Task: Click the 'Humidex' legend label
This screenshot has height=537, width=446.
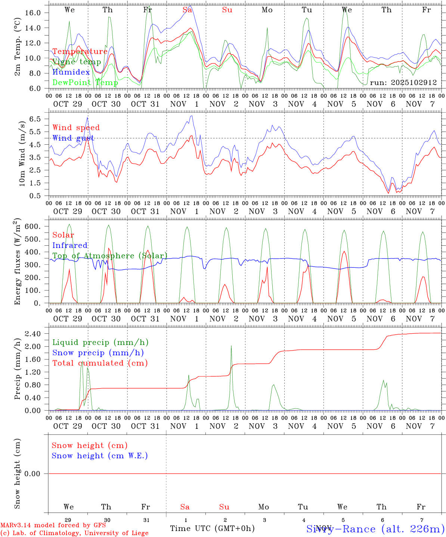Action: (x=71, y=72)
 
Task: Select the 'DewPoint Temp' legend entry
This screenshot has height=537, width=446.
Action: (x=85, y=82)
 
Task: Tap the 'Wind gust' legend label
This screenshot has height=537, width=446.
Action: (x=73, y=138)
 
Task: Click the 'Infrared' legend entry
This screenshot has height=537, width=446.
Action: (x=70, y=245)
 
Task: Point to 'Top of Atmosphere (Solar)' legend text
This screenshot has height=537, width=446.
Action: (x=110, y=256)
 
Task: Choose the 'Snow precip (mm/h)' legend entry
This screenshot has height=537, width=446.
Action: (x=98, y=353)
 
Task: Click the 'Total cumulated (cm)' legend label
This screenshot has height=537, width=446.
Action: (x=100, y=363)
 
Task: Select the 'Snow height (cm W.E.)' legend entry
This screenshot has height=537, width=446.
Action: (x=99, y=456)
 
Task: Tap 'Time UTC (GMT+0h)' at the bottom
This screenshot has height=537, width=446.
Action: (x=212, y=528)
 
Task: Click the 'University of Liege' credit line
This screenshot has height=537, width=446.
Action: (x=75, y=533)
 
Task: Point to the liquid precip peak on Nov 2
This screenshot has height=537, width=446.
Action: (x=231, y=346)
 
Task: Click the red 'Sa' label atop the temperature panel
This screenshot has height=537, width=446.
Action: (x=188, y=10)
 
